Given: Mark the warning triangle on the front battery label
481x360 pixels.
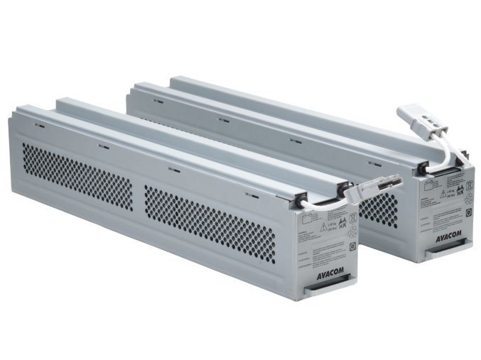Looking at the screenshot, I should [324, 227].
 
